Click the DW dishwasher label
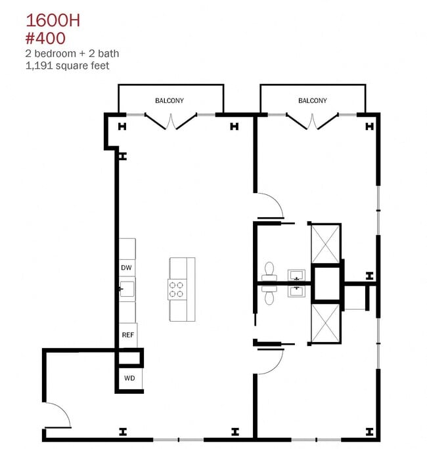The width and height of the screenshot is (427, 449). [126, 267]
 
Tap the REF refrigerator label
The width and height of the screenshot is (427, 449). [128, 335]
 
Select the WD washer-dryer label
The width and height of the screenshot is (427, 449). [129, 378]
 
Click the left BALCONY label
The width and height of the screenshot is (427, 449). [169, 100]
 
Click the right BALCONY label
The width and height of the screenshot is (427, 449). [313, 100]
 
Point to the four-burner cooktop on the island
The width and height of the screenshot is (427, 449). [176, 289]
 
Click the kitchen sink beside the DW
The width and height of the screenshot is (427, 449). [127, 289]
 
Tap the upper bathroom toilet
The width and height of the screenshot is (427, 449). [269, 272]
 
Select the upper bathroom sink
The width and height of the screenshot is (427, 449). [296, 275]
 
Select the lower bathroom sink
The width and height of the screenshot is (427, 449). [296, 291]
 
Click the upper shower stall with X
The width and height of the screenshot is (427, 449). [325, 244]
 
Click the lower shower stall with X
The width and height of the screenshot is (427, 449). [325, 323]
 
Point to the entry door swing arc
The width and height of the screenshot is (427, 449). [64, 409]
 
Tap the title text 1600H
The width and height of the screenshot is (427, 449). [53, 20]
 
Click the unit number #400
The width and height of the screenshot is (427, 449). [45, 38]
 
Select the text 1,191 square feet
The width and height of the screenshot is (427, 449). [68, 66]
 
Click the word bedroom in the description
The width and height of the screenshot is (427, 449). [55, 54]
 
